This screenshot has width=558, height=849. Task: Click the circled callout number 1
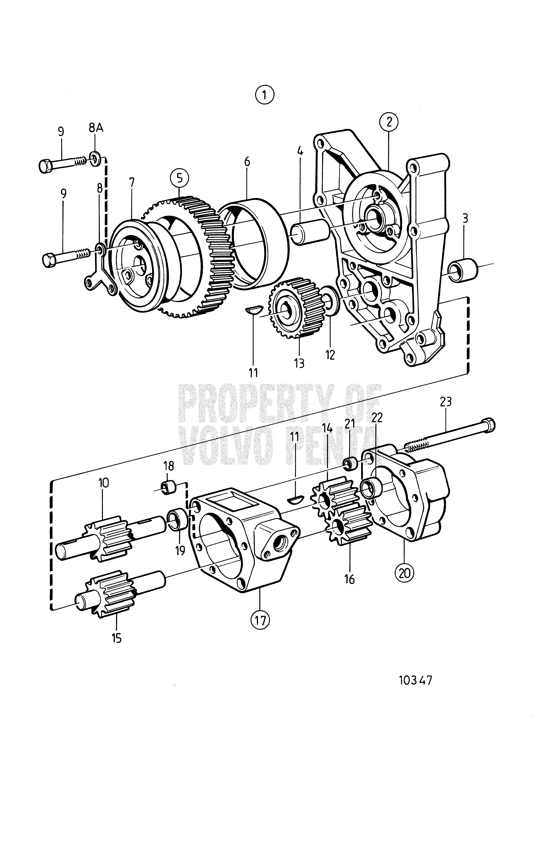(265, 95)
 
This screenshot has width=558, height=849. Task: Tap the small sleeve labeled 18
(168, 488)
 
